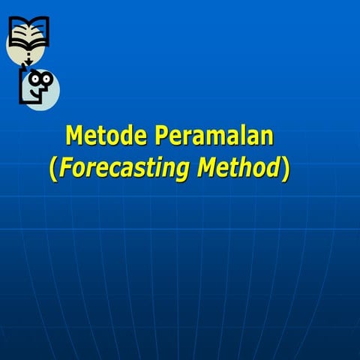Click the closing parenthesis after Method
285,169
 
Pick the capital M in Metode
74,136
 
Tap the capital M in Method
208,169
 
